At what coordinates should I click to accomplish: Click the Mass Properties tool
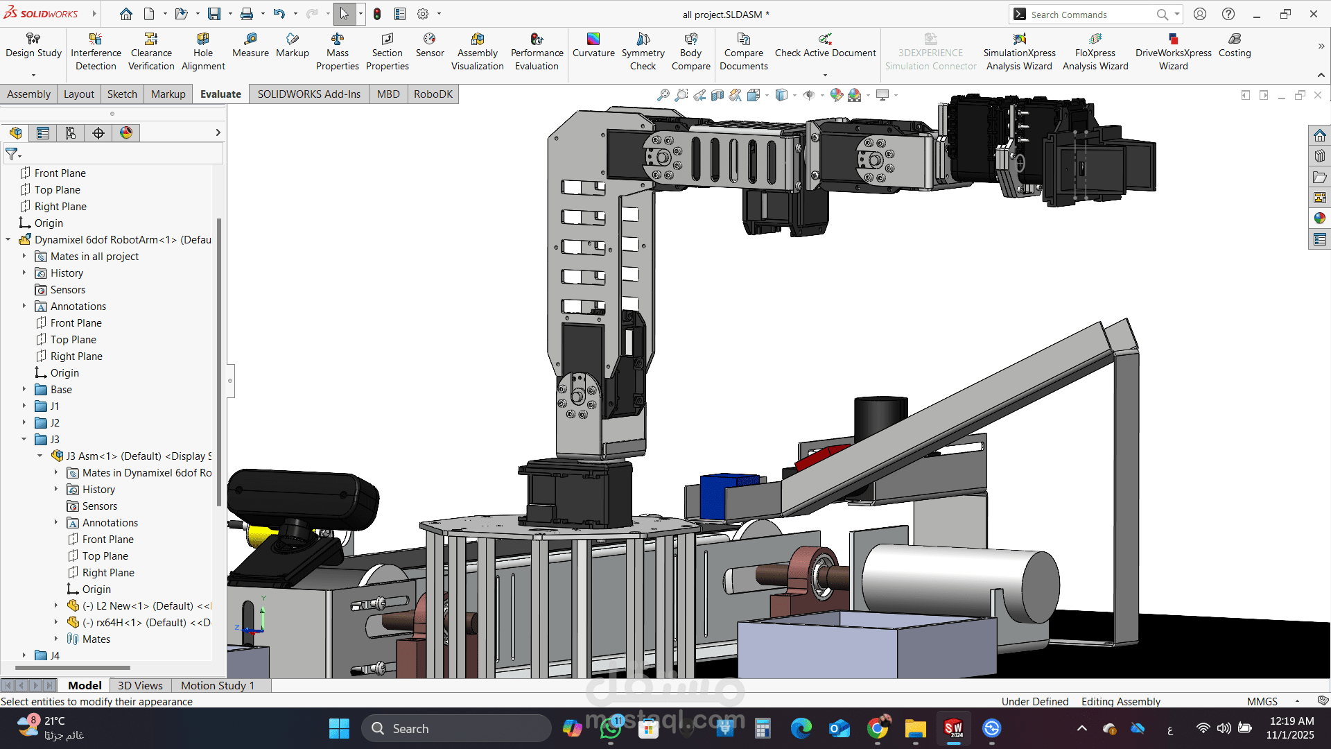(338, 52)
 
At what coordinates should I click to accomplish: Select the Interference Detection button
(96, 52)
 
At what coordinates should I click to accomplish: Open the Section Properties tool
(387, 52)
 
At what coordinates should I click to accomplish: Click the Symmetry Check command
(643, 52)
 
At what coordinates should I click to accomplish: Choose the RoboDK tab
(433, 94)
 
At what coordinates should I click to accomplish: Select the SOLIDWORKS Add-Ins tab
(309, 94)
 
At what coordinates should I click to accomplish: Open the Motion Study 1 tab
(218, 685)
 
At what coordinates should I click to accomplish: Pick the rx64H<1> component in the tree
(146, 623)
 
